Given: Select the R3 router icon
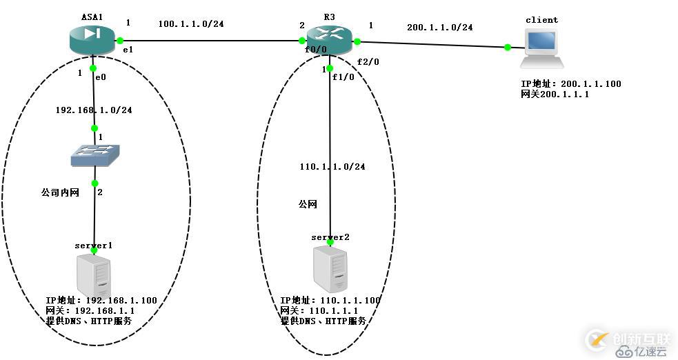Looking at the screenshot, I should tap(330, 40).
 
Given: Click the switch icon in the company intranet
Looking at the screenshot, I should tap(95, 156).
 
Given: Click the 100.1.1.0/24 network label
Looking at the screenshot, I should tap(191, 23).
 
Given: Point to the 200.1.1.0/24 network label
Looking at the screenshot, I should tap(439, 27).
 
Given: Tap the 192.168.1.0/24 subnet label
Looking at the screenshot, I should tap(94, 110).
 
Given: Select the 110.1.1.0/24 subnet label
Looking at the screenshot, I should tap(332, 167).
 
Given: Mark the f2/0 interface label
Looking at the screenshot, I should tap(368, 61).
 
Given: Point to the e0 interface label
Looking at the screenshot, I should tap(100, 77).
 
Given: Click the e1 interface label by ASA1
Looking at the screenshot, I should tap(128, 50).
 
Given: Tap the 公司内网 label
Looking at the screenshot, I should tap(61, 192).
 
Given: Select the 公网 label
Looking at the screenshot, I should tap(308, 204).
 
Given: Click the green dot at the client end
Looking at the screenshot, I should tap(508, 47).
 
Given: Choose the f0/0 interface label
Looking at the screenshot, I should tap(315, 50).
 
